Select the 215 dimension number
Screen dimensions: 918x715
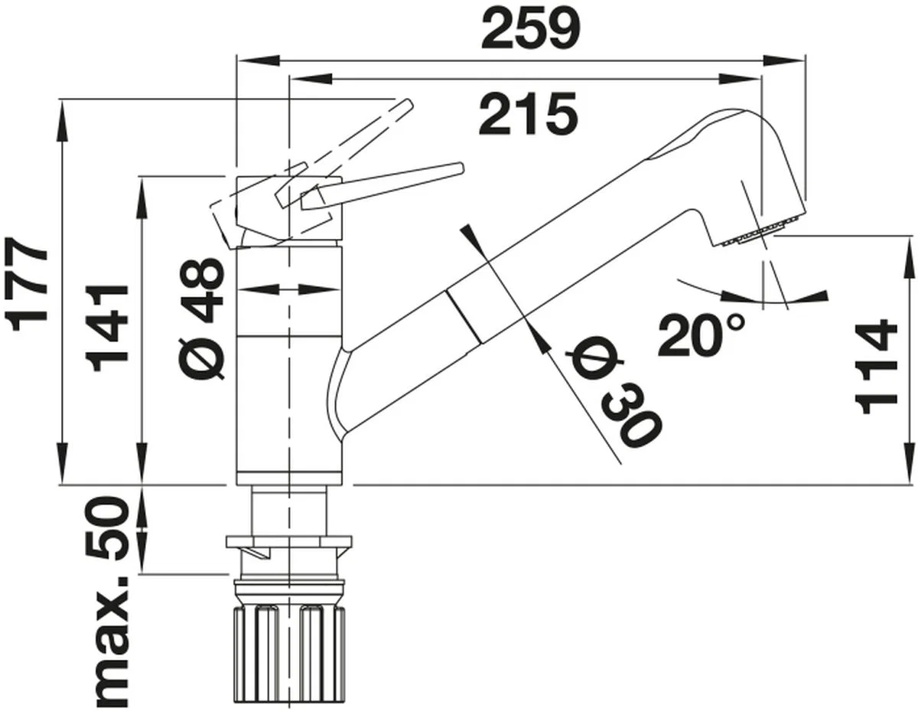(x=528, y=113)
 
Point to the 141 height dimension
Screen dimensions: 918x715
(x=107, y=328)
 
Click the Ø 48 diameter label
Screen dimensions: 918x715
(x=202, y=320)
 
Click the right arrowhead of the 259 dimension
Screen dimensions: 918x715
(x=782, y=60)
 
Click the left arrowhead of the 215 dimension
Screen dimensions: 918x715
(x=311, y=79)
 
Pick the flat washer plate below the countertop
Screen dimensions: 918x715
(x=289, y=542)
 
